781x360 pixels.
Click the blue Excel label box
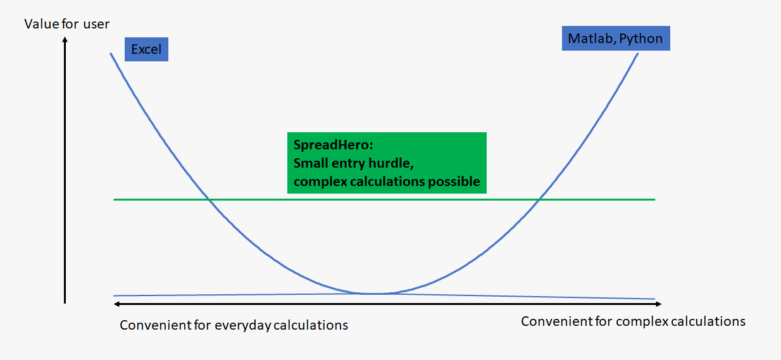146,49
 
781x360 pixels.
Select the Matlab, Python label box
616,39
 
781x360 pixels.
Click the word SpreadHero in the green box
331,145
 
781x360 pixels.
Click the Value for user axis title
66,24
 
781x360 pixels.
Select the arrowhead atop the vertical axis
65,40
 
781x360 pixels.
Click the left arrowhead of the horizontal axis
117,304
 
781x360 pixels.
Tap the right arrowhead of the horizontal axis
659,304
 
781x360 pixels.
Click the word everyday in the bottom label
242,325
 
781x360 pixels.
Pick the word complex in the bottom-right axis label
642,321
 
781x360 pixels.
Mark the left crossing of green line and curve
208,199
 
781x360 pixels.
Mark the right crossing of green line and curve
540,199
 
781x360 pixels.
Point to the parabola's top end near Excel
111,53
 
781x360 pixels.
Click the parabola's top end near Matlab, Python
638,53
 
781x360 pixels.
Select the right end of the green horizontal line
655,199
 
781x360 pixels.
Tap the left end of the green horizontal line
114,199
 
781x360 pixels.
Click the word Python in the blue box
641,39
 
